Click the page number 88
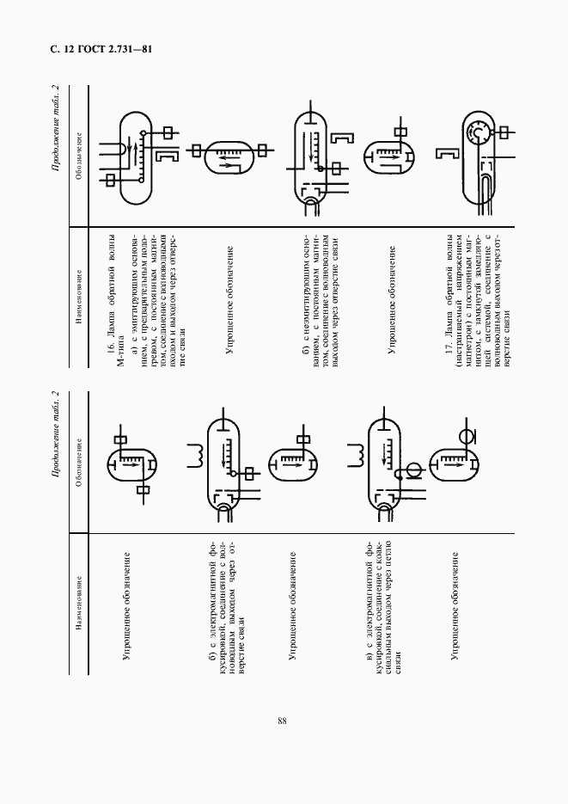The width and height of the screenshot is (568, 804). pyautogui.click(x=282, y=721)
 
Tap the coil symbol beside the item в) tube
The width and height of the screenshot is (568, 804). pyautogui.click(x=354, y=456)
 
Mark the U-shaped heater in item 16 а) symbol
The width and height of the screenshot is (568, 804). pyautogui.click(x=114, y=151)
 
